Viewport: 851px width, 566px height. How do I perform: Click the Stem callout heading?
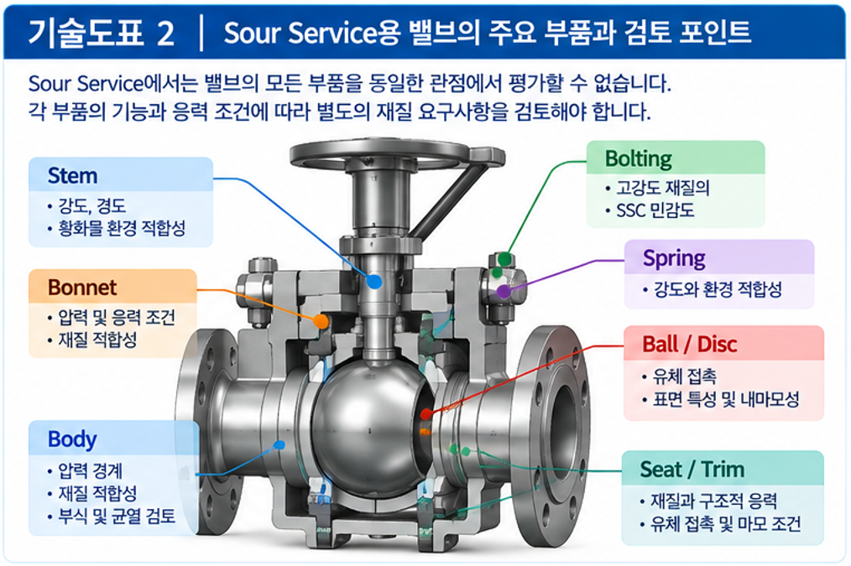[x=72, y=175]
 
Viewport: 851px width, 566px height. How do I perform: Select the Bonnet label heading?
[x=82, y=288]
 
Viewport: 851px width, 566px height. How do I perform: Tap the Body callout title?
[x=72, y=439]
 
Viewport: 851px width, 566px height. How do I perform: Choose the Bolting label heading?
[x=638, y=158]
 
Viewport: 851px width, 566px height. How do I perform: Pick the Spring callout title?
[x=674, y=258]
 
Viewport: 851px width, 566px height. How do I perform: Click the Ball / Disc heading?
[x=689, y=345]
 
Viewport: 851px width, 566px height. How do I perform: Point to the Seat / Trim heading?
[x=692, y=470]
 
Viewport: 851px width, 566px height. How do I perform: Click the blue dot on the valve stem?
[x=374, y=282]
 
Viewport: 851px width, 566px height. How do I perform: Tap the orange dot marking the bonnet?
[x=321, y=321]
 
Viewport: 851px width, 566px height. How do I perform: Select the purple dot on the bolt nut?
[x=504, y=291]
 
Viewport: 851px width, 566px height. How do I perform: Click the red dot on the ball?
[x=426, y=414]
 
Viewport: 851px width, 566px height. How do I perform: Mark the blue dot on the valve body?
[x=280, y=445]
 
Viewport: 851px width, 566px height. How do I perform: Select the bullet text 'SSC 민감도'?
[x=655, y=210]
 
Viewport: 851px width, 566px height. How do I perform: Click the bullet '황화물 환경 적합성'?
[x=122, y=228]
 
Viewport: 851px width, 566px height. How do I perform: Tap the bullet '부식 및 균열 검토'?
[x=117, y=517]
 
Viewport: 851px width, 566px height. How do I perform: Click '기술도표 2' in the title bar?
[x=102, y=33]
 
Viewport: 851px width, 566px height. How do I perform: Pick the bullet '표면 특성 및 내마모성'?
[x=726, y=400]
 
